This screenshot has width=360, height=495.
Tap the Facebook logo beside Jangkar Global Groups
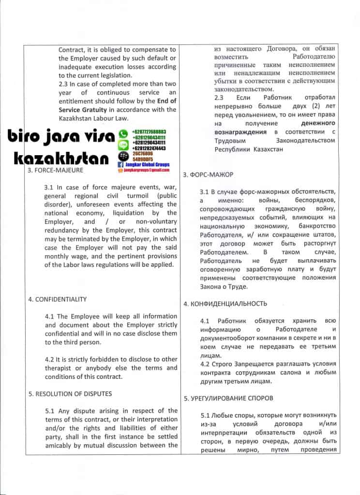pyautogui.click(x=121, y=165)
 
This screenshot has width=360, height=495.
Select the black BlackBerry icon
pyautogui.click(x=123, y=156)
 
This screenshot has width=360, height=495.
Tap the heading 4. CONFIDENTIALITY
pyautogui.click(x=58, y=299)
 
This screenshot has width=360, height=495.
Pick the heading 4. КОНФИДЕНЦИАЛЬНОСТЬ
pyautogui.click(x=225, y=304)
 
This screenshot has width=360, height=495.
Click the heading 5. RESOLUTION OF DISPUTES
pyautogui.click(x=70, y=393)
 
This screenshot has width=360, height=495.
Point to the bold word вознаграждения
pyautogui.click(x=240, y=131)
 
